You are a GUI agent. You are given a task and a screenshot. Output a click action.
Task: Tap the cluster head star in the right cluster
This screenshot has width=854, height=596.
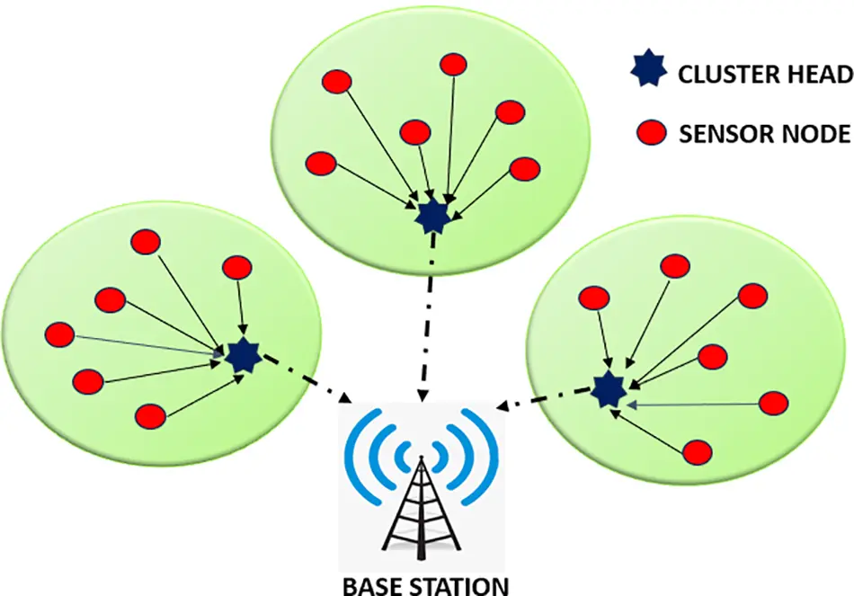pyautogui.click(x=609, y=390)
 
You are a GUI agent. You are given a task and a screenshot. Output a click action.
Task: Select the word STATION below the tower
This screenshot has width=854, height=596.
pyautogui.click(x=459, y=585)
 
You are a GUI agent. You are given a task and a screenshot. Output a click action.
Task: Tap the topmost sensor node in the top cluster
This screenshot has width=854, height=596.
pyautogui.click(x=452, y=64)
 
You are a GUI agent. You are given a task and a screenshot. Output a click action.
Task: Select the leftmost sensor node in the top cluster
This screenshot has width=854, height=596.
pyautogui.click(x=321, y=164)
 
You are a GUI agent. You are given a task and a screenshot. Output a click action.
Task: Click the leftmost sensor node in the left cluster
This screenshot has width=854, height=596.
pyautogui.click(x=60, y=335)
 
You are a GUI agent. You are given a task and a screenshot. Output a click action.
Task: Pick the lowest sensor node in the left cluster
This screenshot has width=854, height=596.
pyautogui.click(x=150, y=415)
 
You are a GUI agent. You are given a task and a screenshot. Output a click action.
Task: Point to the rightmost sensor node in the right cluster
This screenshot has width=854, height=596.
pyautogui.click(x=775, y=403)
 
